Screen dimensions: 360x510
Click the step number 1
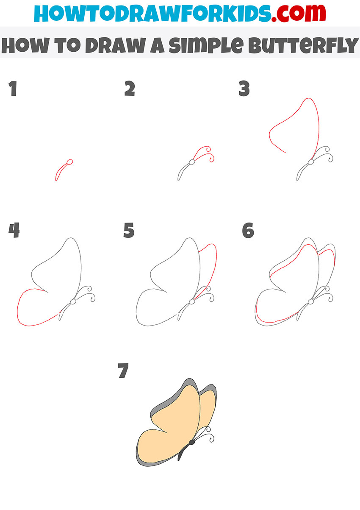click(x=13, y=88)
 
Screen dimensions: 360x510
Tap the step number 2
click(x=130, y=88)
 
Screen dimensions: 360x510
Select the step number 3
click(x=244, y=88)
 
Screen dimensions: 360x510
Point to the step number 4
click(x=14, y=230)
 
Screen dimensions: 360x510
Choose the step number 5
click(x=129, y=230)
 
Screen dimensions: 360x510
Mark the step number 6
click(x=248, y=230)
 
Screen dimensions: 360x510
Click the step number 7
click(x=123, y=371)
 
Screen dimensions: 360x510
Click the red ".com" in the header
click(x=298, y=14)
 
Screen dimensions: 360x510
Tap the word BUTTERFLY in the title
click(x=303, y=45)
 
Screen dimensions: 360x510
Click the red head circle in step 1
click(x=70, y=162)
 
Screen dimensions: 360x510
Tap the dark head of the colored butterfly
click(x=192, y=442)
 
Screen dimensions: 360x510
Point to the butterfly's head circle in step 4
click(x=73, y=302)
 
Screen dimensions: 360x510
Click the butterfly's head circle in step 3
click(x=311, y=162)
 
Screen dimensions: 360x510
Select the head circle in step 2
click(x=192, y=162)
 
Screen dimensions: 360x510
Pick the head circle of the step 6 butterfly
click(x=311, y=302)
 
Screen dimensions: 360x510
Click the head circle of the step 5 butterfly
click(x=192, y=302)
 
